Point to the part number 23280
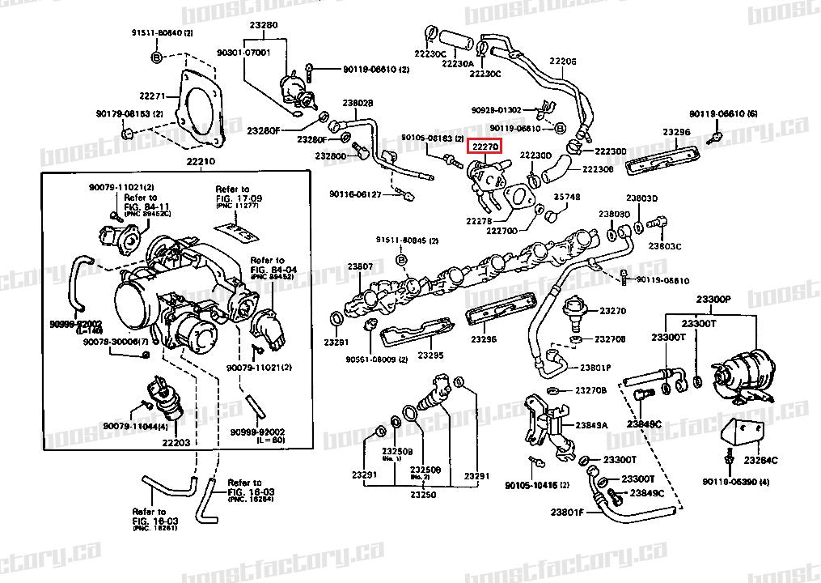pos(264,25)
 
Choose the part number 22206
pos(563,62)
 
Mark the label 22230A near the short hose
pos(459,62)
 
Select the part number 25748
pos(566,197)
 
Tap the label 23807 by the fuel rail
pos(361,266)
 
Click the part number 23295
pos(430,355)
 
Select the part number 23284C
pos(760,460)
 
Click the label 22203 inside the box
pos(176,442)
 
